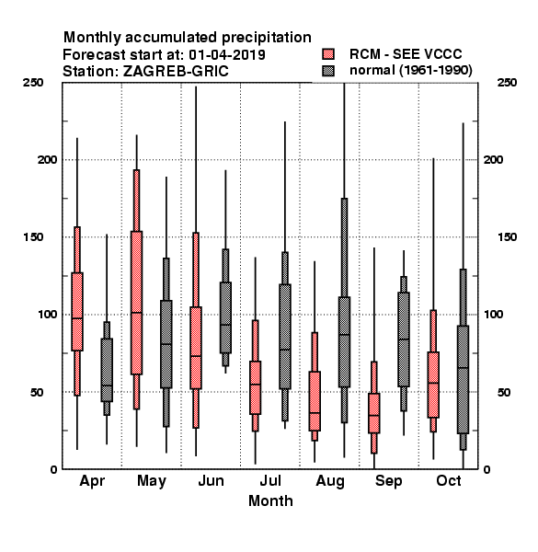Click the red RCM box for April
(x=77, y=311)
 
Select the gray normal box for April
(x=107, y=370)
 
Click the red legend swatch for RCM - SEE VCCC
(x=328, y=54)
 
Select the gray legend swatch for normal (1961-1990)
(x=328, y=71)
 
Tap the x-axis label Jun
(x=212, y=480)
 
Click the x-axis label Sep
(x=388, y=481)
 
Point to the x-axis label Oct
(x=448, y=480)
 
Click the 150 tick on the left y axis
(x=33, y=237)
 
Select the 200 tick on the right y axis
(x=494, y=159)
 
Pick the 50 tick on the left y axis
(x=37, y=392)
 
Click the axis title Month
(x=270, y=500)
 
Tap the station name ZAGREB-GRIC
(x=176, y=71)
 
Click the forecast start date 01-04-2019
(x=227, y=54)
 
